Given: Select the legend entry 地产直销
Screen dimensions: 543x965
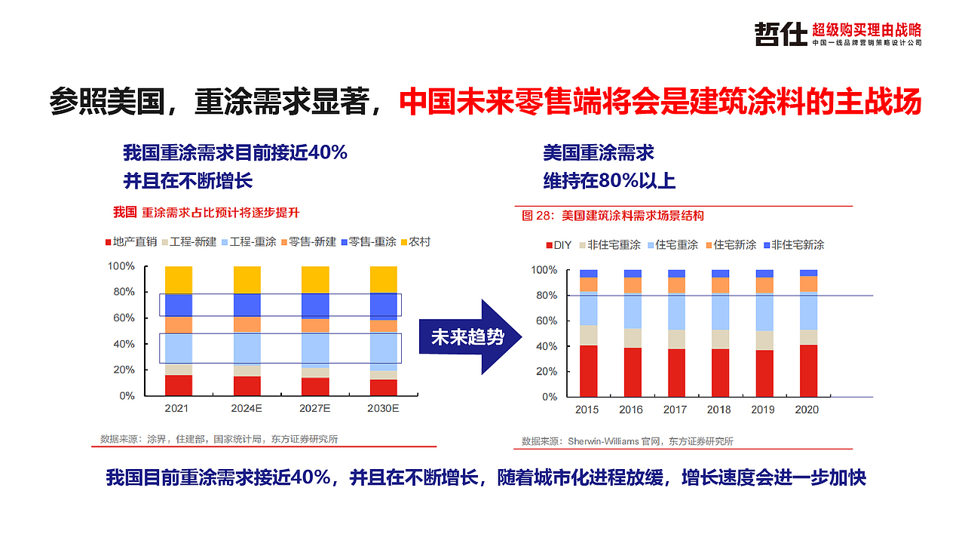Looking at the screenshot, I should click(130, 242).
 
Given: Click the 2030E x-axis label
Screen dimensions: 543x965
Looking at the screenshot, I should click(382, 408).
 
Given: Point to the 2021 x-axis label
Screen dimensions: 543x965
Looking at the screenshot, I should click(176, 408).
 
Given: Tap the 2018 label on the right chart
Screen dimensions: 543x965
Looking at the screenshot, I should click(719, 410).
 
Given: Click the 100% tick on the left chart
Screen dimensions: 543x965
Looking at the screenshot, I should click(121, 266).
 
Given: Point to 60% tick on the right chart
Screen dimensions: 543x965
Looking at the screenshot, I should click(544, 321).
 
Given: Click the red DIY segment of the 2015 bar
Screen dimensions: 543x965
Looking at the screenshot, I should click(588, 370).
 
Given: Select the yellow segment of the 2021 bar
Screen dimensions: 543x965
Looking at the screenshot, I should click(178, 280).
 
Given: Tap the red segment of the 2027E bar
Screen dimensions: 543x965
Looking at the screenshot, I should click(314, 386).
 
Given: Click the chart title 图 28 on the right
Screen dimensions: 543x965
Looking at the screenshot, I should click(612, 216).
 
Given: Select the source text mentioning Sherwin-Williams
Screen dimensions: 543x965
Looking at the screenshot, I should click(627, 441).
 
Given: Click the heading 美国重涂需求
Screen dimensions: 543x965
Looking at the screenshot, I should click(598, 154).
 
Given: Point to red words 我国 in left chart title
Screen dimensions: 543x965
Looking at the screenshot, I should click(125, 212).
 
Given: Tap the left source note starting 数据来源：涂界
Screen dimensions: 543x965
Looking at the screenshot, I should click(219, 439).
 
